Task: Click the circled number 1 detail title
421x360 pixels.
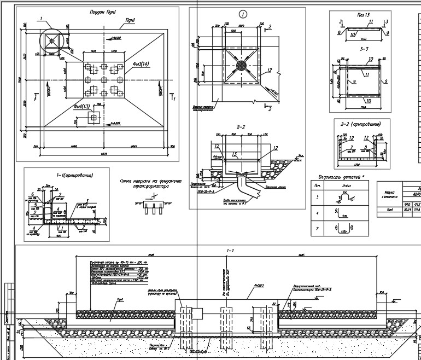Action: coord(243,13)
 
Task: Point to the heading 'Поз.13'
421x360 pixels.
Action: coord(363,14)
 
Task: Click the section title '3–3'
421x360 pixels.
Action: coord(362,48)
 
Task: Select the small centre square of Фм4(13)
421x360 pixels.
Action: coord(95,117)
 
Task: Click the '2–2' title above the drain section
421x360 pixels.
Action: coord(241,127)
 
